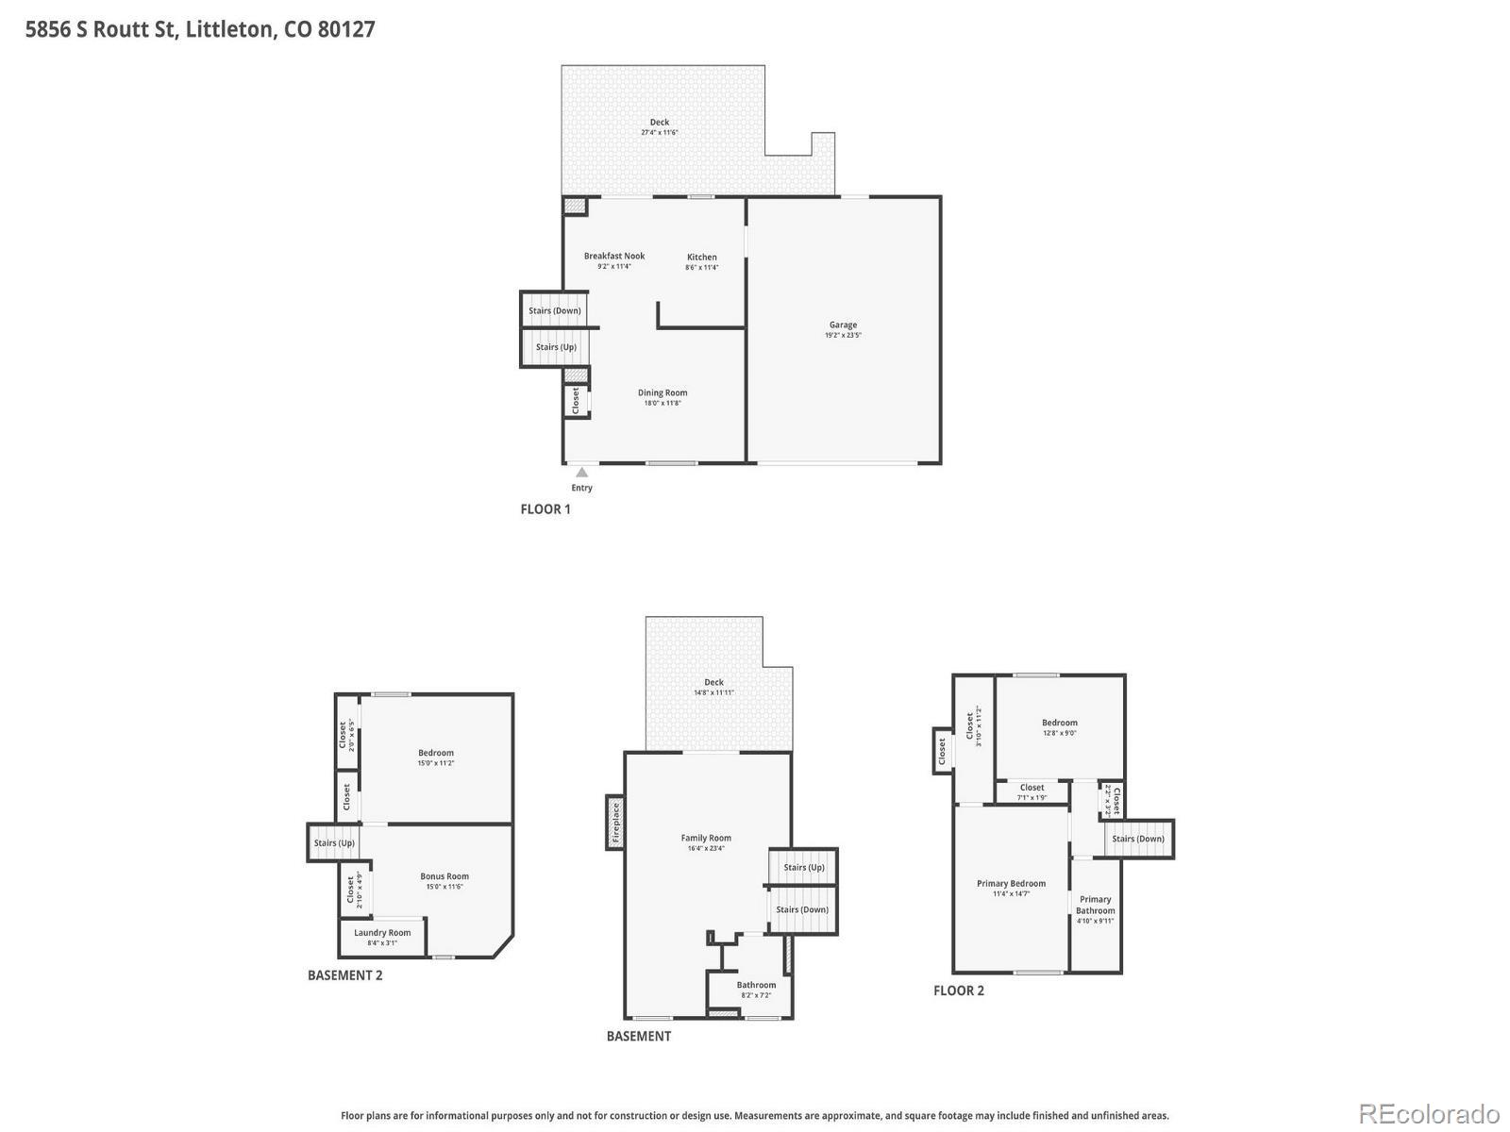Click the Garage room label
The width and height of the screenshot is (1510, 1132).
[x=843, y=325]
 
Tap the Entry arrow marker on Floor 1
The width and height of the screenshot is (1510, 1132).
[x=582, y=473]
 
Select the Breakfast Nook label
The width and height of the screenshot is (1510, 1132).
[x=614, y=256]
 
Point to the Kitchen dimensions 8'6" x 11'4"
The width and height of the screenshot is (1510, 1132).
[x=701, y=268]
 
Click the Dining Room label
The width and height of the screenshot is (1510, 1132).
[x=663, y=392]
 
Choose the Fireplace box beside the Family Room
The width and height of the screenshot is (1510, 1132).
[x=615, y=822]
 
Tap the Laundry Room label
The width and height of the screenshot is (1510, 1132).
[x=382, y=932]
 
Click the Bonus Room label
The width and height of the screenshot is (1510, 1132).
[x=445, y=876]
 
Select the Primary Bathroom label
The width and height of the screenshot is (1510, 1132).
[x=1096, y=905]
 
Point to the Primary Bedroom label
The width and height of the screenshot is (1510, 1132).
[x=1011, y=884]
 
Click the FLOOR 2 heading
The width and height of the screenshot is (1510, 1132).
[x=959, y=990]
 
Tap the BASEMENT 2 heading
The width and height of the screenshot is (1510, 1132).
[x=345, y=975]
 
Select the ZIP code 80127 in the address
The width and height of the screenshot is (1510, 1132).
[x=346, y=29]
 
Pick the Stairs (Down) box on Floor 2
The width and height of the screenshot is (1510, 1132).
[x=1138, y=839]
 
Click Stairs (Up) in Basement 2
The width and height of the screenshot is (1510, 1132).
[x=334, y=843]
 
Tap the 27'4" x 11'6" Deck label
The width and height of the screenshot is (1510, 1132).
[x=660, y=132]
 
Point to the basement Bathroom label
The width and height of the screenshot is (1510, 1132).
[x=756, y=985]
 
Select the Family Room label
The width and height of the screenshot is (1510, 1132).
[x=706, y=838]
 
